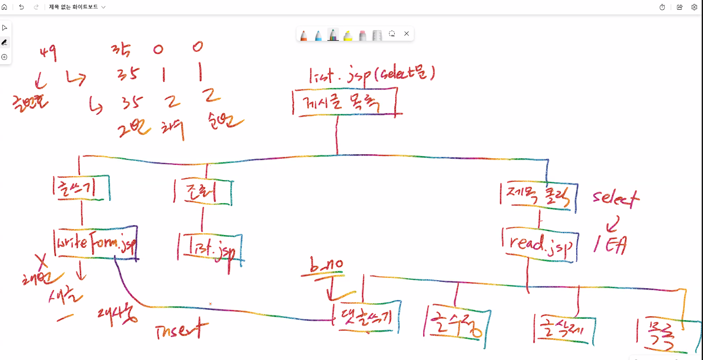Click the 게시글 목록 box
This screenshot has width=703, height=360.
344,102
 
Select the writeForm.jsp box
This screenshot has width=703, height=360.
95,243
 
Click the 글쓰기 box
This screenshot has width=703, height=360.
81,188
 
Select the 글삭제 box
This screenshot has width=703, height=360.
564,329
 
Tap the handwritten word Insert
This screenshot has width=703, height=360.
181,329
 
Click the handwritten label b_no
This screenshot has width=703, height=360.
327,266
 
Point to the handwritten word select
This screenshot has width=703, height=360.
616,198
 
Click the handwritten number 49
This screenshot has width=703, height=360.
48,53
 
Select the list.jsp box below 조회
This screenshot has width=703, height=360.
210,249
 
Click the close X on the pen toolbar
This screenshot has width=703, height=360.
406,34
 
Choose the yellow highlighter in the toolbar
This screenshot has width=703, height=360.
348,35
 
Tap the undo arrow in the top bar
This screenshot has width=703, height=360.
21,7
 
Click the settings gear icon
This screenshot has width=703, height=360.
694,7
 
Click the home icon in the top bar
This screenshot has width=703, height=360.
4,7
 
